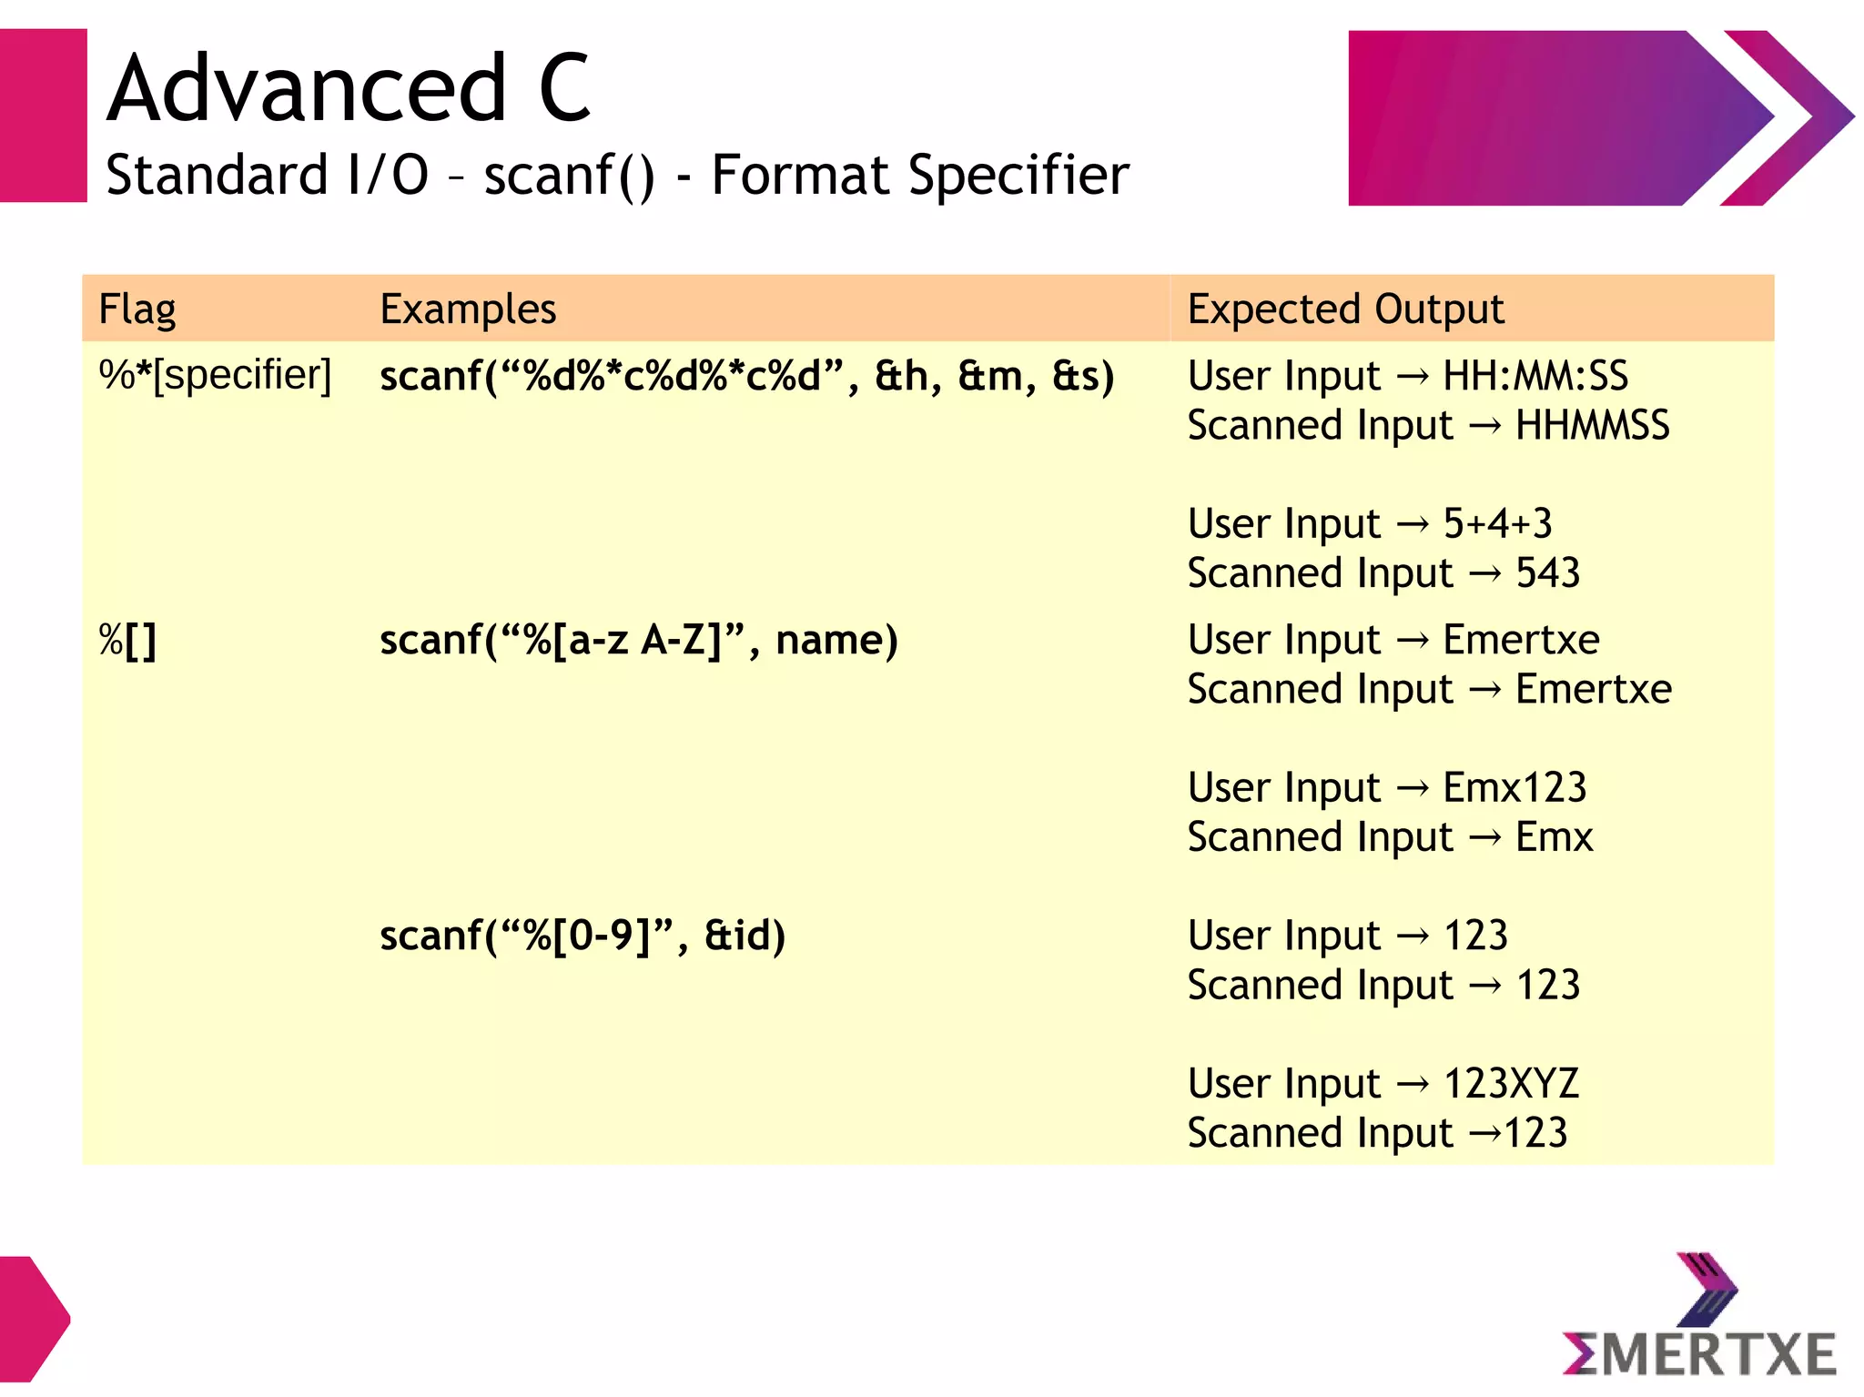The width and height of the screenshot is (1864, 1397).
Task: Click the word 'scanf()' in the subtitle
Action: pos(569,175)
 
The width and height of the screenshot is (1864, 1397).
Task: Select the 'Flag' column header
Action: pos(137,309)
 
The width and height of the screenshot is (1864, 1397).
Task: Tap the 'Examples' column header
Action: pos(468,309)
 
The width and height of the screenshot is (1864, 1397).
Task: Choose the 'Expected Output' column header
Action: pos(1345,309)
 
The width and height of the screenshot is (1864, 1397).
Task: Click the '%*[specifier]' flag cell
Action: pos(215,375)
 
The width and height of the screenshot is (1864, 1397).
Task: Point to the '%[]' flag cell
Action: pos(127,640)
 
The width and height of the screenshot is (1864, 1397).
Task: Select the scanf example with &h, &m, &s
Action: pos(746,376)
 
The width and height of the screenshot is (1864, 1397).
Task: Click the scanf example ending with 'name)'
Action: pos(638,640)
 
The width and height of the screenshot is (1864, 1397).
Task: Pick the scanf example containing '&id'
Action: pos(582,936)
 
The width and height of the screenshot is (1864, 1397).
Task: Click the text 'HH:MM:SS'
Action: pos(1535,376)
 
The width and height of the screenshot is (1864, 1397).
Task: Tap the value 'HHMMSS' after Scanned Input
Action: pos(1592,426)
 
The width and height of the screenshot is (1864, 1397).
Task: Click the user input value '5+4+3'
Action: pos(1497,523)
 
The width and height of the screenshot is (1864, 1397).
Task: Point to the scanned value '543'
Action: pos(1547,573)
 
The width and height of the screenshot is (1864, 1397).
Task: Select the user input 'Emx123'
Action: pos(1514,787)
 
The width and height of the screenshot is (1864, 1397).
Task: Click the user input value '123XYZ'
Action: pos(1511,1083)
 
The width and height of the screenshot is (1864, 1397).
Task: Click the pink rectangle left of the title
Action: pos(43,116)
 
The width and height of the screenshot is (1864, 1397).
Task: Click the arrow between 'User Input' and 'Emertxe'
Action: pos(1412,641)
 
